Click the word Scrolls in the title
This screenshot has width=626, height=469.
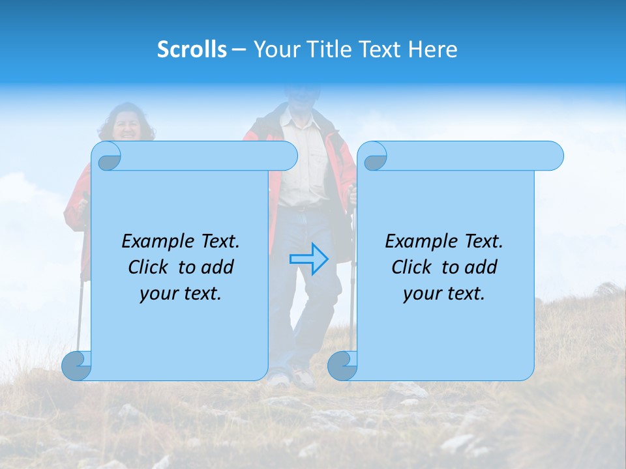click(192, 50)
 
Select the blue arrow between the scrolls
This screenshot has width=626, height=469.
click(308, 259)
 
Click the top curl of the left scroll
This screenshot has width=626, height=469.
click(107, 156)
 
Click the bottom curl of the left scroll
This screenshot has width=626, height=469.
click(76, 365)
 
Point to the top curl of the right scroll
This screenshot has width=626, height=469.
click(373, 156)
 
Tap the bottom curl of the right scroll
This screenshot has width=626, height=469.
click(342, 365)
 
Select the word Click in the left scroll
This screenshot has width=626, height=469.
click(151, 267)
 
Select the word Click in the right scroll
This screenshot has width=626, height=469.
click(414, 267)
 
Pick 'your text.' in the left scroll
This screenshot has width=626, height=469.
click(181, 293)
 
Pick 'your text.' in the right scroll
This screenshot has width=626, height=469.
click(444, 293)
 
